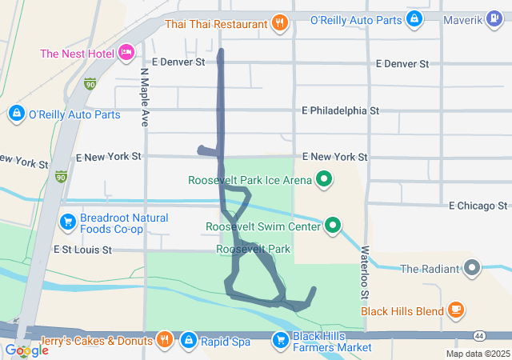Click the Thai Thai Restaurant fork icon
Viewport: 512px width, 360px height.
click(x=279, y=23)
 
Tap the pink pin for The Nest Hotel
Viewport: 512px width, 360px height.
click(x=126, y=54)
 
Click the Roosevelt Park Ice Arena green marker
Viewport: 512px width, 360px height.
click(x=324, y=179)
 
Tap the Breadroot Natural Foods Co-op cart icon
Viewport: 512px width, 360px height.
click(x=67, y=219)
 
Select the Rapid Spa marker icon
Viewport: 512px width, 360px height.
click(x=188, y=341)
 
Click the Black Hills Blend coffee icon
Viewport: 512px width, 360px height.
click(x=455, y=310)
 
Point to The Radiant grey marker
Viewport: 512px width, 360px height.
click(x=472, y=268)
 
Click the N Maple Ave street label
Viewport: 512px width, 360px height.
click(x=145, y=97)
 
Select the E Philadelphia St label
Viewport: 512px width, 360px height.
click(x=341, y=110)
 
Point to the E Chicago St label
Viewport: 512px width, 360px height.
click(x=478, y=206)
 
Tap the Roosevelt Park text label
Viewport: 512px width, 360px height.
click(x=253, y=250)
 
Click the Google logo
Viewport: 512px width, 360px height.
click(x=26, y=350)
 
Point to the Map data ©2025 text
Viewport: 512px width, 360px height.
click(x=477, y=354)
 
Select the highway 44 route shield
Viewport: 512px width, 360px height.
click(x=479, y=334)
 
